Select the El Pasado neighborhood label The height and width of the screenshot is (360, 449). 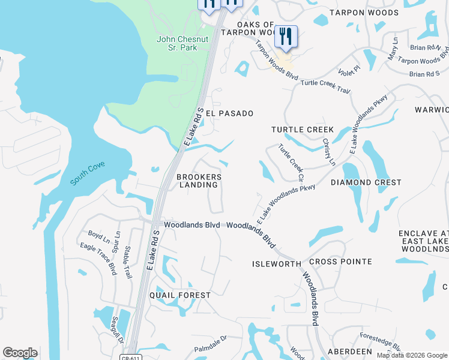click(x=229, y=113)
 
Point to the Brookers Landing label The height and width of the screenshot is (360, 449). click(x=199, y=181)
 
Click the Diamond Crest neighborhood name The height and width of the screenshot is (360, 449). click(x=366, y=182)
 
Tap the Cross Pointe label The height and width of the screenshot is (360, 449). click(x=340, y=262)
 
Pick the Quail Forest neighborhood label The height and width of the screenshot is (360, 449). click(x=180, y=295)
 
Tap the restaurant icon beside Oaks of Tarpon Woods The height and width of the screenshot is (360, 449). click(x=286, y=37)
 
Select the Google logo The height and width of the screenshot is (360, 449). click(x=20, y=353)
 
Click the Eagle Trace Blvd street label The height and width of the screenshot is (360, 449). click(x=98, y=259)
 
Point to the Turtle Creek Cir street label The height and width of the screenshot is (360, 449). click(x=292, y=162)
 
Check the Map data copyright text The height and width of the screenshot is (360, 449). click(x=412, y=355)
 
